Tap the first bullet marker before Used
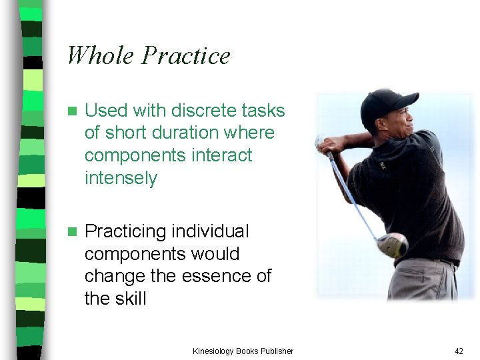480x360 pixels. coord(73,111)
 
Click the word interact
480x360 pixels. coord(221,155)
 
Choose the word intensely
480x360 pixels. coord(121,178)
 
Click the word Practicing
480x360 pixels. coord(125,232)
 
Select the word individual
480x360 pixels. coord(210,231)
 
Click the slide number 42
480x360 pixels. coord(458,351)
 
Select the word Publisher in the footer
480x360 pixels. coord(276,351)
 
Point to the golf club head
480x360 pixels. coord(393,245)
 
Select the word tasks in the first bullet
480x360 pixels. coord(267,110)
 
